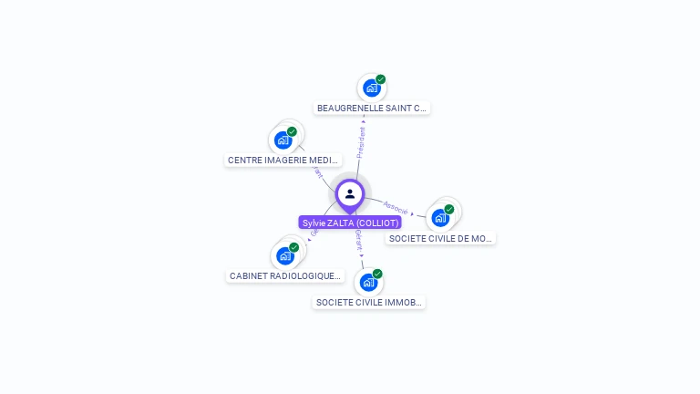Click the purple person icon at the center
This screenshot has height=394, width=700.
(350, 193)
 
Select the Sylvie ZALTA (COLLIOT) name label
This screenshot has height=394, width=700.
(350, 223)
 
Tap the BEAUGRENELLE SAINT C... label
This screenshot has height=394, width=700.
(371, 108)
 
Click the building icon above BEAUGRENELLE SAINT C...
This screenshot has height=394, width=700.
(370, 88)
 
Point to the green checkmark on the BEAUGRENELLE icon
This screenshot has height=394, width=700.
(380, 79)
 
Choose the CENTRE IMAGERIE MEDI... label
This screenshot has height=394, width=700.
(283, 160)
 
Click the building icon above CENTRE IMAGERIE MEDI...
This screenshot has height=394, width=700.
(283, 140)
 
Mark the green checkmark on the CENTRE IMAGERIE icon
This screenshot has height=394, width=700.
(292, 131)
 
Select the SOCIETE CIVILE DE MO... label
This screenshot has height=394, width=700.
(440, 238)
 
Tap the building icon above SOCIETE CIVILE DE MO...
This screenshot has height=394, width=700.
(440, 218)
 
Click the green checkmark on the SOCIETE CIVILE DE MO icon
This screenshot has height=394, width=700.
(449, 209)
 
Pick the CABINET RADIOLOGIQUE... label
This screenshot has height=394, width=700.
(285, 275)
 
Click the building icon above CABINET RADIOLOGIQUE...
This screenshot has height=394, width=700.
(284, 255)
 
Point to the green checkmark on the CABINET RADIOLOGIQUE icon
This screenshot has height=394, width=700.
(293, 247)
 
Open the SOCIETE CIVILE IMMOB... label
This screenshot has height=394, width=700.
(368, 302)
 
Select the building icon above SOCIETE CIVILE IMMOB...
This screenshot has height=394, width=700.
(367, 282)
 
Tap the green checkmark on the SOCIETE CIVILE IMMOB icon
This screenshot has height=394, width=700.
(377, 274)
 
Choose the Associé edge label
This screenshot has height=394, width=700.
(396, 207)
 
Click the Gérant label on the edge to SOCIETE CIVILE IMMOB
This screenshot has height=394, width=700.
(358, 240)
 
